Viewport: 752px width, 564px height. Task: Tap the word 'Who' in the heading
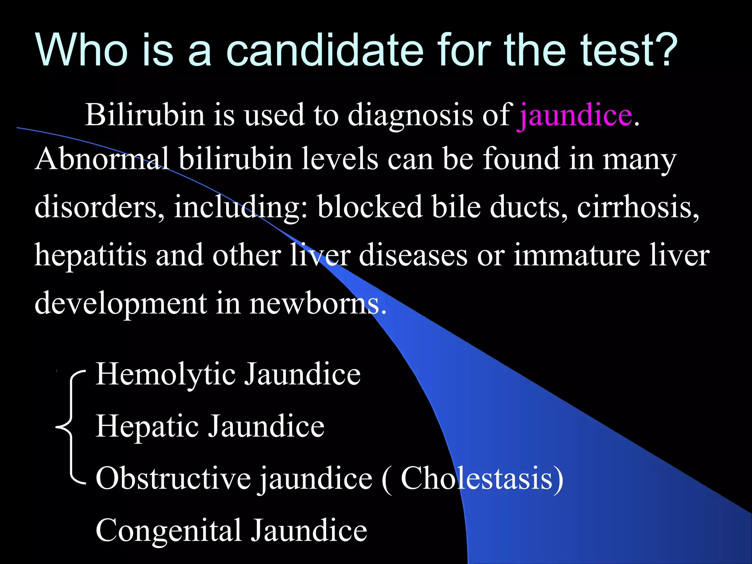point(82,50)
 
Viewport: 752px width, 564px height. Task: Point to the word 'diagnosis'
point(410,115)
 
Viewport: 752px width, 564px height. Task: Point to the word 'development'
point(121,304)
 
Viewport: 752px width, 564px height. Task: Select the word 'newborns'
point(318,304)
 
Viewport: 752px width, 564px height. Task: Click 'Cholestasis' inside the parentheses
point(477,478)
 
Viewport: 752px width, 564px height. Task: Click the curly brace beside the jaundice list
point(70,427)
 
